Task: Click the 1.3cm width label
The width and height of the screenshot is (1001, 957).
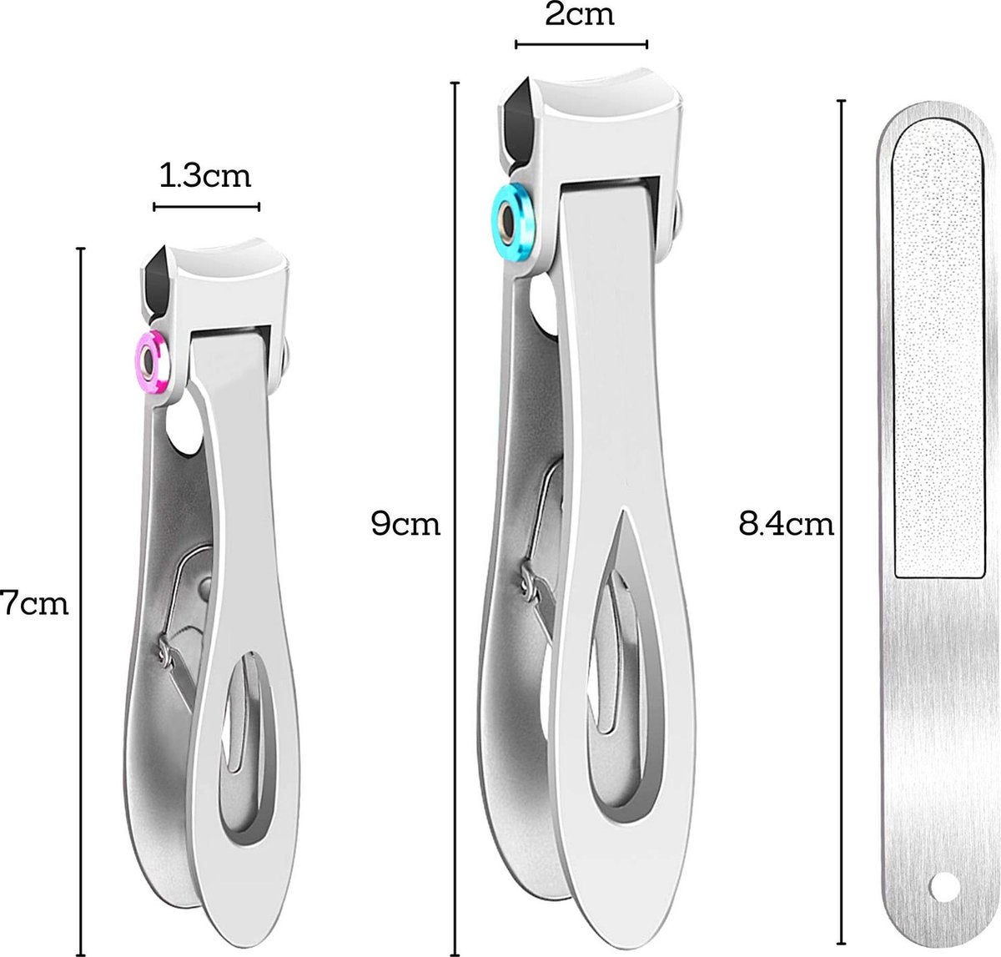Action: point(204,177)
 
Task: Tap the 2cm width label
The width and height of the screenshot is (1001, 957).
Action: point(580,15)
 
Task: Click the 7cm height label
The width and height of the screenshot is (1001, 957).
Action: point(34,603)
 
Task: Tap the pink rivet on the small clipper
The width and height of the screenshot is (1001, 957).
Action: point(151,363)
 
